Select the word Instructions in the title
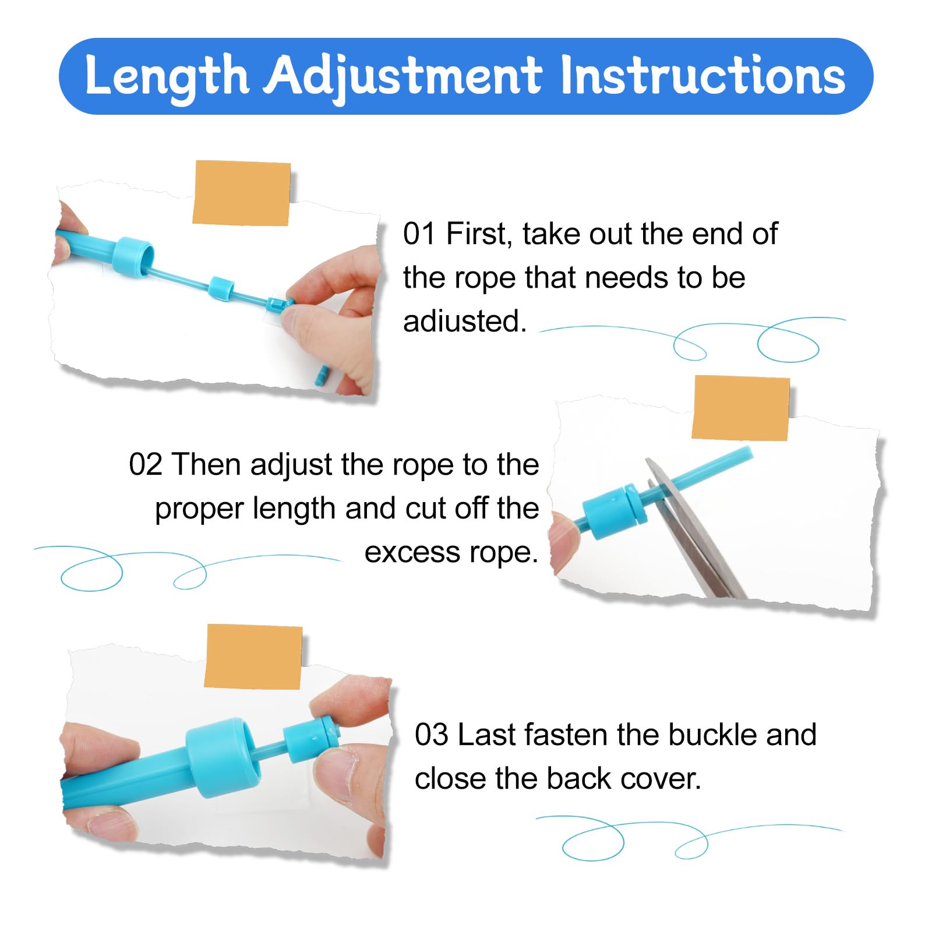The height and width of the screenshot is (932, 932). (x=702, y=76)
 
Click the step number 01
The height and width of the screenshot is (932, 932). (x=419, y=234)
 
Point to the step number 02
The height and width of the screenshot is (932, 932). (x=145, y=465)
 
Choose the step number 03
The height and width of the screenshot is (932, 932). (x=432, y=735)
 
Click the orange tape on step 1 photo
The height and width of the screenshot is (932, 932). (x=241, y=193)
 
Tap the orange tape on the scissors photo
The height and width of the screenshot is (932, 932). (x=740, y=408)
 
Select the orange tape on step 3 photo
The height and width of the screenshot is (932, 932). (x=253, y=656)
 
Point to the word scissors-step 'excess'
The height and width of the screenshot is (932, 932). (x=408, y=553)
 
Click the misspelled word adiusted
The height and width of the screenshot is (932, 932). (x=465, y=322)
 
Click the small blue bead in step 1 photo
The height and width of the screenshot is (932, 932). (x=221, y=289)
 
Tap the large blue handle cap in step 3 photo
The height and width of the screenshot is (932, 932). (x=223, y=757)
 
